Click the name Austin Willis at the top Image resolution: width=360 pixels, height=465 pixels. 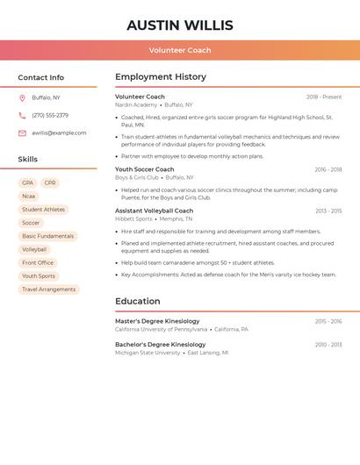click(x=179, y=25)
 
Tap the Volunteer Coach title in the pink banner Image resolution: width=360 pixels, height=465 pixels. click(x=179, y=50)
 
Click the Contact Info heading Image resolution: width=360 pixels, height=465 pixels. click(x=40, y=77)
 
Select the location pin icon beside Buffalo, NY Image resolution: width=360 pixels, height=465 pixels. click(x=22, y=97)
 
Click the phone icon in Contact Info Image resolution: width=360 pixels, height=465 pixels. click(x=22, y=115)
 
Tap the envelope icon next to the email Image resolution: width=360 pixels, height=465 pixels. click(x=22, y=133)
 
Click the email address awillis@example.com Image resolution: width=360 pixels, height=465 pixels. click(x=59, y=133)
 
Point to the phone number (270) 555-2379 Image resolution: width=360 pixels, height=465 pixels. click(x=50, y=115)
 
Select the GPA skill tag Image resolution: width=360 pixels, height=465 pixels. click(x=27, y=183)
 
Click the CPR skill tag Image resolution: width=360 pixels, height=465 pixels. click(x=50, y=183)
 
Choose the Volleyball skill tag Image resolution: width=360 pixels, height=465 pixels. click(x=34, y=249)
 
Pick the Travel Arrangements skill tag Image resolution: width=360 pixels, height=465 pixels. click(x=48, y=289)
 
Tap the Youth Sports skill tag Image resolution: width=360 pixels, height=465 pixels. click(x=39, y=275)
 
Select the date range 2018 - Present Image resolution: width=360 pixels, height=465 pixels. click(x=324, y=97)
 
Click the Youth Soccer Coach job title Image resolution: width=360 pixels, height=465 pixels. click(x=144, y=169)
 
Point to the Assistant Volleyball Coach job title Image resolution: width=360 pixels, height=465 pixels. click(x=154, y=211)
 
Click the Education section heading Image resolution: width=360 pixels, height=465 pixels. click(x=137, y=302)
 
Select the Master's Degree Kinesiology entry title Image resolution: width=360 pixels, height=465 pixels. click(x=160, y=321)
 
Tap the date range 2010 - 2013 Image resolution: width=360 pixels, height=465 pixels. click(x=328, y=345)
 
